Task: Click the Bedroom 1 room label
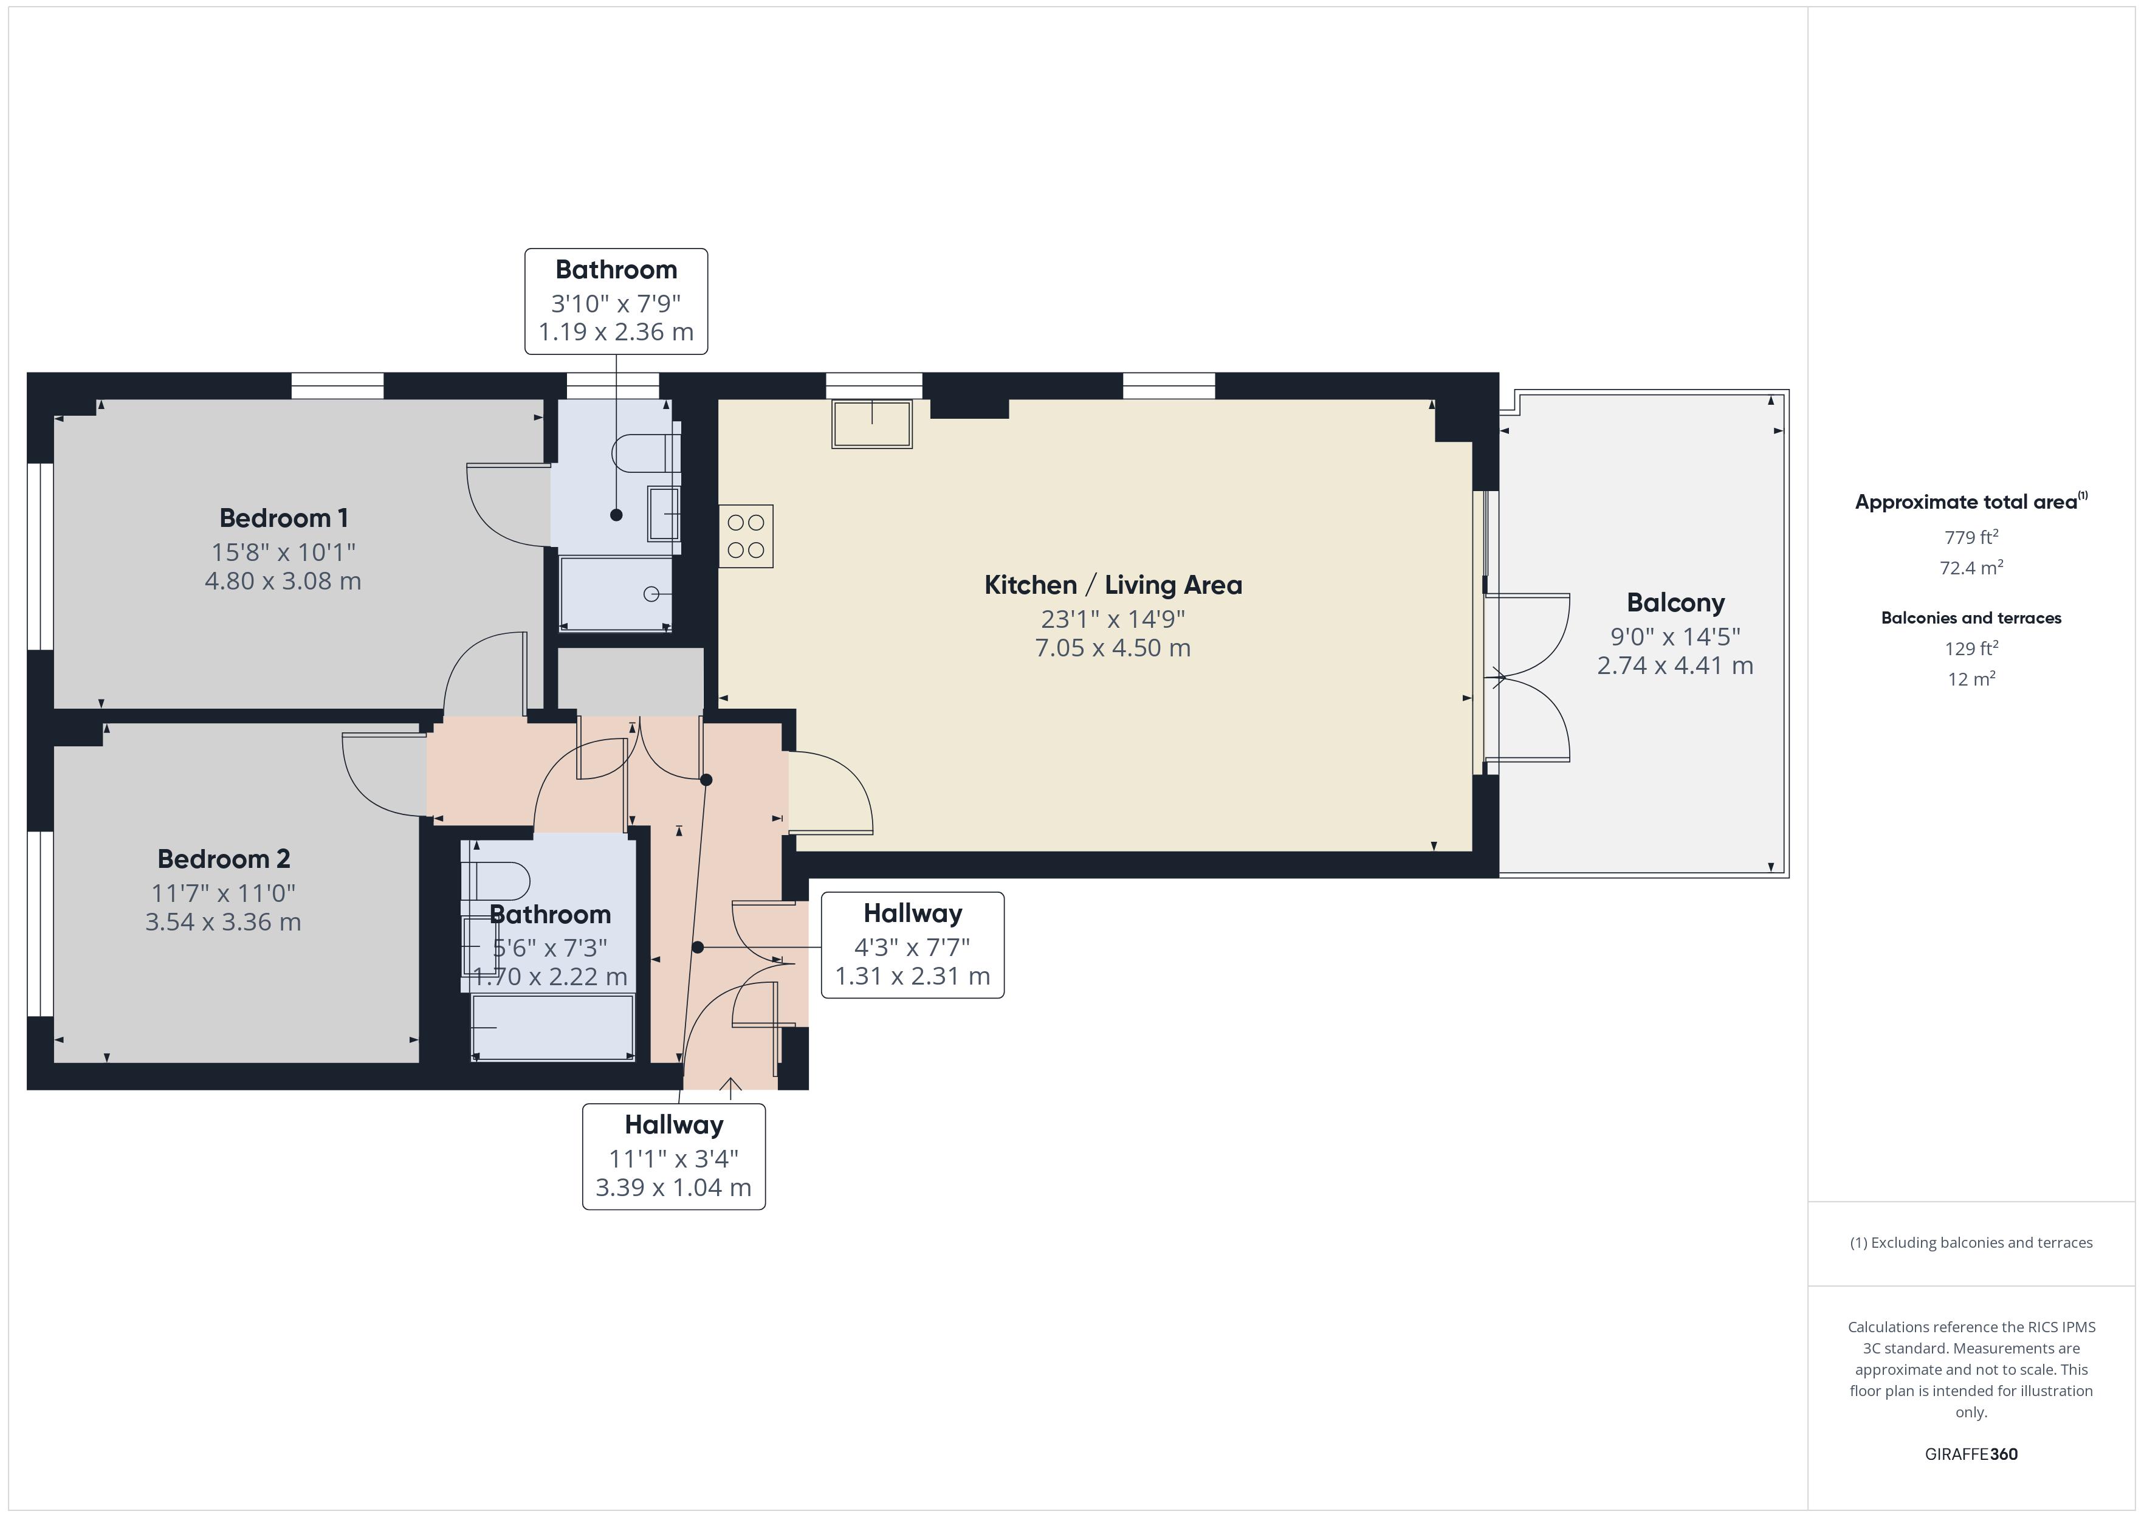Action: pos(283,517)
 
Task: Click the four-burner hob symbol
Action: pos(745,536)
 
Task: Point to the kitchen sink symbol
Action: pos(871,424)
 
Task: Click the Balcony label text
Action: pos(1675,602)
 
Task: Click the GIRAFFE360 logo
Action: pos(1970,1453)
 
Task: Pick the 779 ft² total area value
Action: pos(1970,537)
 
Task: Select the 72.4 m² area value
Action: pos(1970,568)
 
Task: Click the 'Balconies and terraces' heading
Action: pos(1970,617)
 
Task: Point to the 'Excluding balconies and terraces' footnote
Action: pos(1970,1242)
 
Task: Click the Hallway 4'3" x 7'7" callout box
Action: pos(912,945)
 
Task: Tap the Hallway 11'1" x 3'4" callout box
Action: pos(673,1157)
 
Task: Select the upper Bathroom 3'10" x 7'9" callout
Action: pos(616,301)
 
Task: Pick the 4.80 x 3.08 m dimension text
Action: pos(283,581)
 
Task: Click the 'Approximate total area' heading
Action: pos(1967,501)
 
